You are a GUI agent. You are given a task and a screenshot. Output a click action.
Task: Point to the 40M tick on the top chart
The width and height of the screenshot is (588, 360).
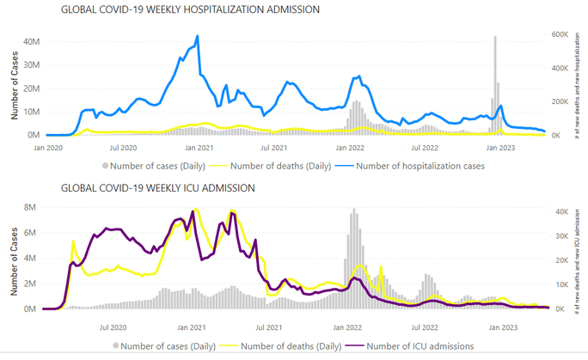tap(31, 41)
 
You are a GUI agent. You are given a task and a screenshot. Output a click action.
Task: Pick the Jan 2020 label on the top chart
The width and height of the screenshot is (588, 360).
tap(47, 148)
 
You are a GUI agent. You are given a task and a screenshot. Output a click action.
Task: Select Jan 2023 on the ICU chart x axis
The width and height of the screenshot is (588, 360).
tap(503, 326)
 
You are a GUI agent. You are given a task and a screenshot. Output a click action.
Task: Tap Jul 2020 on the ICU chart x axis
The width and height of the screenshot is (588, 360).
tap(114, 326)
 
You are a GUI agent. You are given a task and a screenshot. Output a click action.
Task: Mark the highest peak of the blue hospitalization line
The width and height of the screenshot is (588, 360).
tap(198, 37)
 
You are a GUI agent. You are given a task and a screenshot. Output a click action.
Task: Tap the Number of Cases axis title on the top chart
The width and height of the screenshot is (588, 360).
tap(15, 87)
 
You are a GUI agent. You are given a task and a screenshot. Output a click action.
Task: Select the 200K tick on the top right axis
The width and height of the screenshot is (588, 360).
tap(558, 101)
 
